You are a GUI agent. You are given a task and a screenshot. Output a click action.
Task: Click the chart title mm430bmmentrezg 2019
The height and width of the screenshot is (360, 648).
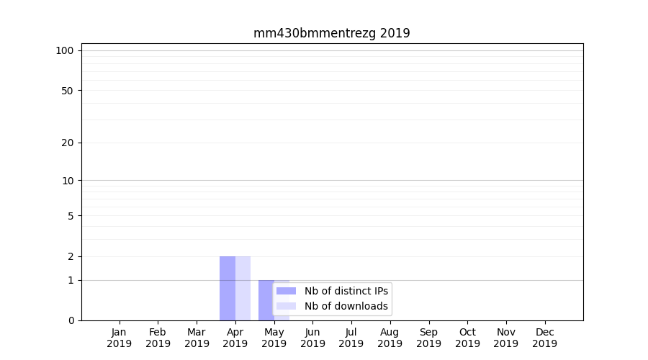pyautogui.click(x=331, y=33)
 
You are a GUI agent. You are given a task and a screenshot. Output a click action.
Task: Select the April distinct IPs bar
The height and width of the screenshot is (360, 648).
pyautogui.click(x=228, y=288)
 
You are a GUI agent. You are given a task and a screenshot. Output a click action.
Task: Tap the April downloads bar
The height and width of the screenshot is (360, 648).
pyautogui.click(x=243, y=288)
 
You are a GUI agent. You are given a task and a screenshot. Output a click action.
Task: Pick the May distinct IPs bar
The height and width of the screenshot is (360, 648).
pyautogui.click(x=266, y=300)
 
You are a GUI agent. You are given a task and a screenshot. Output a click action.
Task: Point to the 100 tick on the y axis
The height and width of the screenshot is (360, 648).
pyautogui.click(x=65, y=50)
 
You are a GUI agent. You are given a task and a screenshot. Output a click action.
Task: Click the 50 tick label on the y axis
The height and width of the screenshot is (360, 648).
pyautogui.click(x=68, y=91)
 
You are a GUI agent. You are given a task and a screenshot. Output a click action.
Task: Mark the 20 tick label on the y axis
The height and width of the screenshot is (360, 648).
pyautogui.click(x=68, y=143)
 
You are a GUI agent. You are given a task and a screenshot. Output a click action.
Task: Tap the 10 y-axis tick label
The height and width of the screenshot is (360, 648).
pyautogui.click(x=68, y=181)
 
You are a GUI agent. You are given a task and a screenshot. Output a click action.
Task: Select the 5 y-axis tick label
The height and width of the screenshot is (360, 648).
pyautogui.click(x=71, y=216)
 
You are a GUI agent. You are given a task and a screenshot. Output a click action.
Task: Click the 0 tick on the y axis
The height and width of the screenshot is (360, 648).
pyautogui.click(x=71, y=320)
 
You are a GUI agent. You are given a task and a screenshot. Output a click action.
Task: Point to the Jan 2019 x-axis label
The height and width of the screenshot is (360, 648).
pyautogui.click(x=120, y=338)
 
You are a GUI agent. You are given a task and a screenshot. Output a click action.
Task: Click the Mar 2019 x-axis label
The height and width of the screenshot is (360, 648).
pyautogui.click(x=197, y=338)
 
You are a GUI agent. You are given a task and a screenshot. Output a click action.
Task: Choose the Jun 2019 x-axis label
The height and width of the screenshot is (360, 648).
pyautogui.click(x=312, y=338)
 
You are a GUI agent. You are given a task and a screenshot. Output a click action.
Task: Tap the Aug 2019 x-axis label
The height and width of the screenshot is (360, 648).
pyautogui.click(x=390, y=338)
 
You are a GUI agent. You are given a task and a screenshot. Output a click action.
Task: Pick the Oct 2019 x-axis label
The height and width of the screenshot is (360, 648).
pyautogui.click(x=467, y=338)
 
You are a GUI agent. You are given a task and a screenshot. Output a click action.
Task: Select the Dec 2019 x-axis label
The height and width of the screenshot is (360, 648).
pyautogui.click(x=544, y=338)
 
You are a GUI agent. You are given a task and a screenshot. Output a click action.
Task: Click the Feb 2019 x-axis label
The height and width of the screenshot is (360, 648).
pyautogui.click(x=158, y=338)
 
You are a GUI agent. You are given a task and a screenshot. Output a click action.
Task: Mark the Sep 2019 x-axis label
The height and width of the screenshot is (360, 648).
pyautogui.click(x=428, y=338)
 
